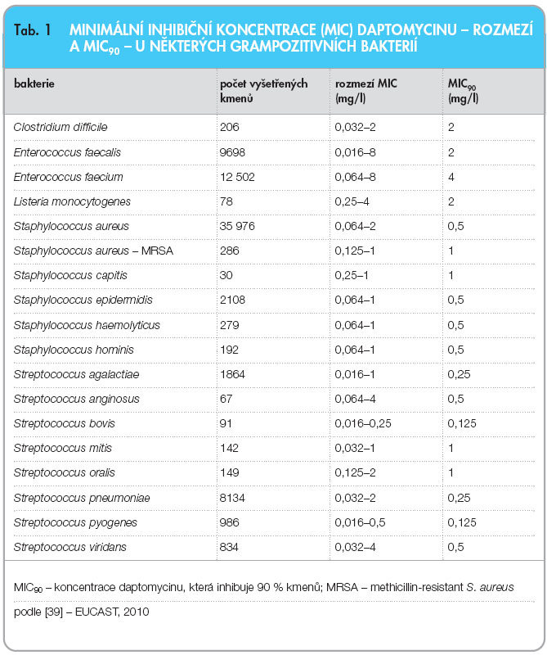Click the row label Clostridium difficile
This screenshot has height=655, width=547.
(61, 127)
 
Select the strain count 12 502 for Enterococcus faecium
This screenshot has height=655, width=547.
(237, 177)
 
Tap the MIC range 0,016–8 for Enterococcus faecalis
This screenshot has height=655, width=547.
(355, 152)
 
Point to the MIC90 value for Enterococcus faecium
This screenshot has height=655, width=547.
(451, 177)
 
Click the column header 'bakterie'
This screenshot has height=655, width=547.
(34, 84)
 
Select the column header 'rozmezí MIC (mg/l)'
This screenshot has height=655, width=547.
(366, 91)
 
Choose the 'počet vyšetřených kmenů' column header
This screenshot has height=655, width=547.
(264, 91)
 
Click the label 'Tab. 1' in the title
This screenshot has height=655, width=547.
(33, 30)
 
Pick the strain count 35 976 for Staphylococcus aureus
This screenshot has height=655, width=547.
(237, 226)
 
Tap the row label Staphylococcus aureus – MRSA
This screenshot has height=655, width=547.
(93, 251)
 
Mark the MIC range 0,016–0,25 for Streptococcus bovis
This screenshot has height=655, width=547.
(363, 423)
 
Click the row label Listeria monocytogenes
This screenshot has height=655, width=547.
(72, 201)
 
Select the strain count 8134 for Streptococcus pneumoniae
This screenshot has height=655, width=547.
(232, 498)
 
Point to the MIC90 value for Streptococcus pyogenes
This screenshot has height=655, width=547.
(462, 522)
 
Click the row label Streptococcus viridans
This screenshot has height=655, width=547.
(70, 547)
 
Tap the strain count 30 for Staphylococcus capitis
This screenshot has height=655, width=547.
(226, 275)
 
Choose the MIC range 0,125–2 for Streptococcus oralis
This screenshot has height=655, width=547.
(355, 473)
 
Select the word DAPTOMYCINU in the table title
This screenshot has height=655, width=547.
(407, 30)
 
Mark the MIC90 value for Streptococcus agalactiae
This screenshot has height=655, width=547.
(459, 374)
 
